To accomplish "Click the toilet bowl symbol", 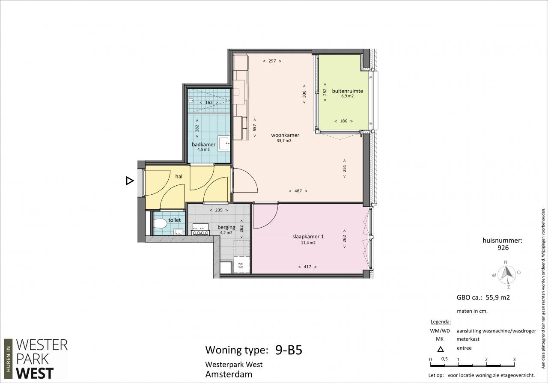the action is tap(160, 223).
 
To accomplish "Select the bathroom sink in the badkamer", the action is tap(224, 143).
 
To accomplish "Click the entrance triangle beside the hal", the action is tap(130, 181).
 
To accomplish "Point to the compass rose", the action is tap(506, 274).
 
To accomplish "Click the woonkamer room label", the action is tap(285, 135).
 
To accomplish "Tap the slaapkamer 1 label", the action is tap(308, 237).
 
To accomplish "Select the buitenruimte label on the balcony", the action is tap(347, 91).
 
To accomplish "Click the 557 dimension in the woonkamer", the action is tap(255, 128).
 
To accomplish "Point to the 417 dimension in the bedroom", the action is tap(307, 267).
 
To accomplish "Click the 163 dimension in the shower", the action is tap(209, 102).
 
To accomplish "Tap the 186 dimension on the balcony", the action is tap(344, 121).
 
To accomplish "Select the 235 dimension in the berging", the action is tap(219, 210).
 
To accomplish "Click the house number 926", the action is tap(503, 248).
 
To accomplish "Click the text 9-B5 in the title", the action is tap(289, 350).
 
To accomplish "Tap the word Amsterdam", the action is tap(229, 374).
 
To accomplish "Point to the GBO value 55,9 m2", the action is tap(497, 297).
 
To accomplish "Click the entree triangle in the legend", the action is tap(441, 349).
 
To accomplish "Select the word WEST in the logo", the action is tap(35, 374).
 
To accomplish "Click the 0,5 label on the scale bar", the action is tap(444, 359).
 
